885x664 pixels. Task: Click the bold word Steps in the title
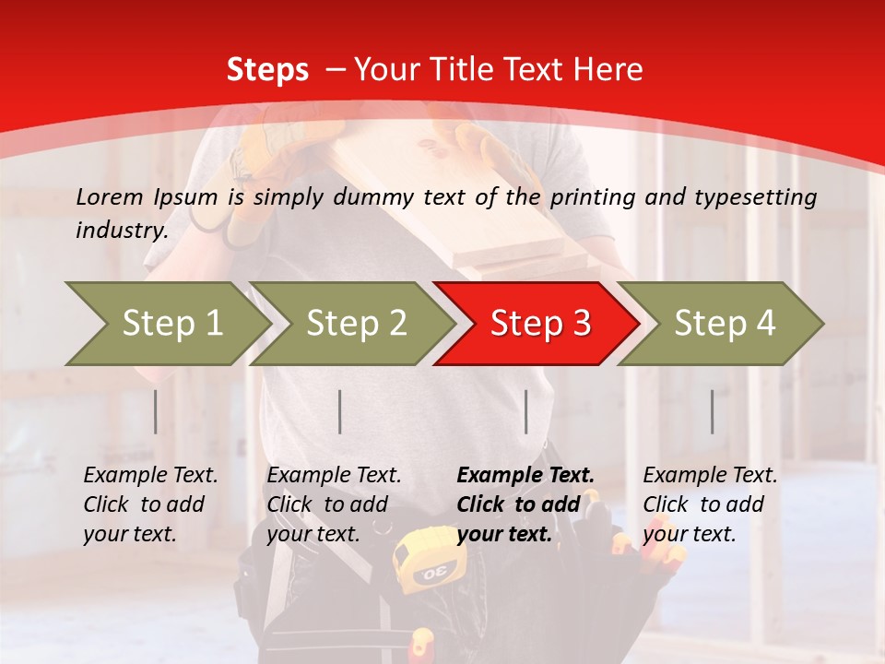pyautogui.click(x=267, y=69)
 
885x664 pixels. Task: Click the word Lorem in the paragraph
pyautogui.click(x=110, y=196)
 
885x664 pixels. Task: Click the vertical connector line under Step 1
pyautogui.click(x=156, y=411)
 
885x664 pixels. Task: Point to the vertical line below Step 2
pyautogui.click(x=340, y=411)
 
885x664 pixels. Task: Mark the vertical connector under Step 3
pyautogui.click(x=525, y=411)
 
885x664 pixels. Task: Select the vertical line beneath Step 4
pyautogui.click(x=712, y=411)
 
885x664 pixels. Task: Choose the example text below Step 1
pyautogui.click(x=150, y=504)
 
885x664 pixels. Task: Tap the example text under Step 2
pyautogui.click(x=334, y=504)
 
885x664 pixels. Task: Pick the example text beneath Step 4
pyautogui.click(x=710, y=504)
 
